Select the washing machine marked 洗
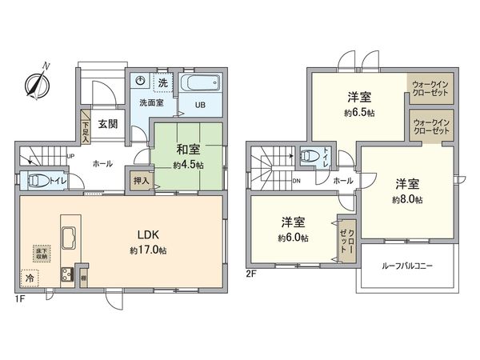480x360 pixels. [x=162, y=82]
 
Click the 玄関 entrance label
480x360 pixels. [x=108, y=123]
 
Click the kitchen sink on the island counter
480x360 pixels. [x=67, y=238]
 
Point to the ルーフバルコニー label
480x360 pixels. [x=407, y=266]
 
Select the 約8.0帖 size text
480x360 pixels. [x=406, y=199]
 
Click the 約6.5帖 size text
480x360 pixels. [x=358, y=113]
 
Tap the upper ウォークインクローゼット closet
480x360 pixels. [x=430, y=87]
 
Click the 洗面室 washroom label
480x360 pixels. [x=152, y=102]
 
